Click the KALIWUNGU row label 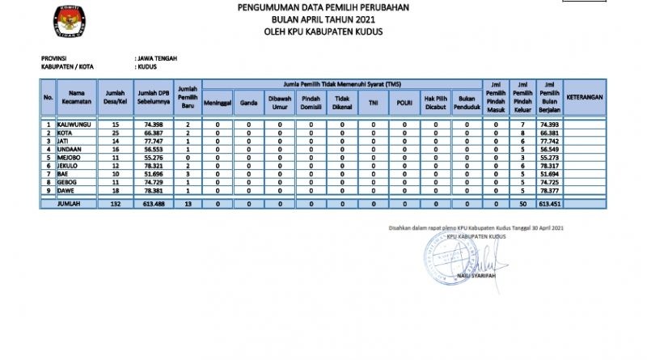pyautogui.click(x=74, y=124)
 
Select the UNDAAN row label pyautogui.click(x=70, y=149)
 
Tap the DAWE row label pyautogui.click(x=67, y=190)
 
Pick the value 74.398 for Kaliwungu pyautogui.click(x=154, y=124)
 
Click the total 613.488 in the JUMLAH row pyautogui.click(x=153, y=204)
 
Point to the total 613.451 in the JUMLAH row pyautogui.click(x=550, y=204)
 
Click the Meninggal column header pyautogui.click(x=218, y=103)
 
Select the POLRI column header pyautogui.click(x=404, y=103)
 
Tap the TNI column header pyautogui.click(x=373, y=103)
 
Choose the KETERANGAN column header pyautogui.click(x=586, y=98)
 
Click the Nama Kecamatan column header pyautogui.click(x=76, y=98)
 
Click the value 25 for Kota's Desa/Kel pyautogui.click(x=116, y=132)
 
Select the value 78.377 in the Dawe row pyautogui.click(x=550, y=190)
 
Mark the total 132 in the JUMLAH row pyautogui.click(x=116, y=204)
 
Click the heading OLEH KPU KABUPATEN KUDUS pyautogui.click(x=323, y=32)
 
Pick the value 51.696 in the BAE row pyautogui.click(x=154, y=174)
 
